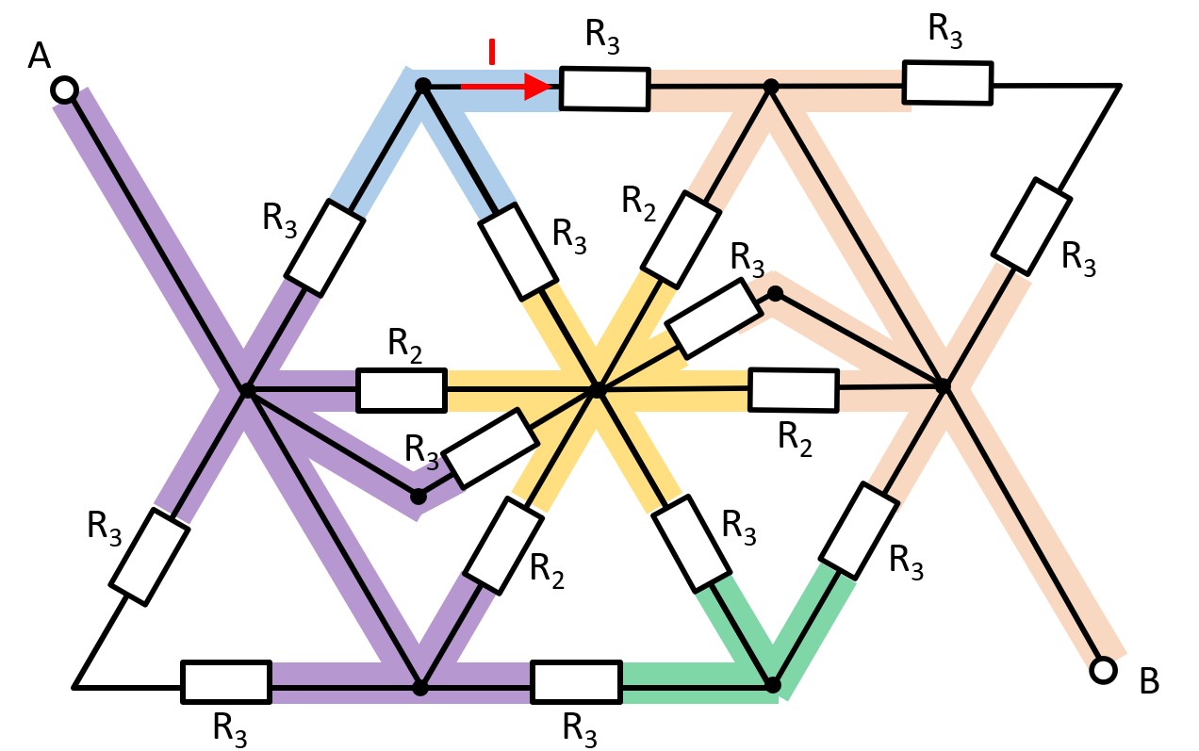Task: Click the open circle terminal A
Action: (64, 90)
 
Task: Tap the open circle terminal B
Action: (1100, 670)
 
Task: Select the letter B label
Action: (1149, 681)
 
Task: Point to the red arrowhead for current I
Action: (537, 87)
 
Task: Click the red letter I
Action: (491, 53)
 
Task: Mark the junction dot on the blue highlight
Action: (423, 86)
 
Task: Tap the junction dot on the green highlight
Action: (773, 683)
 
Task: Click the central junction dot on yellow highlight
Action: (596, 389)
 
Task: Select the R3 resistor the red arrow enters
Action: (604, 89)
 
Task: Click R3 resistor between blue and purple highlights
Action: (324, 247)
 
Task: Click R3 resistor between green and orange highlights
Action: (857, 530)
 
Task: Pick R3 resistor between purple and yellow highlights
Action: (490, 449)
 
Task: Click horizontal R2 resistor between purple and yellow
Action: (401, 390)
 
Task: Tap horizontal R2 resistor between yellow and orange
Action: (793, 390)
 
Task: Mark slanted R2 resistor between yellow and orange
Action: (678, 239)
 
